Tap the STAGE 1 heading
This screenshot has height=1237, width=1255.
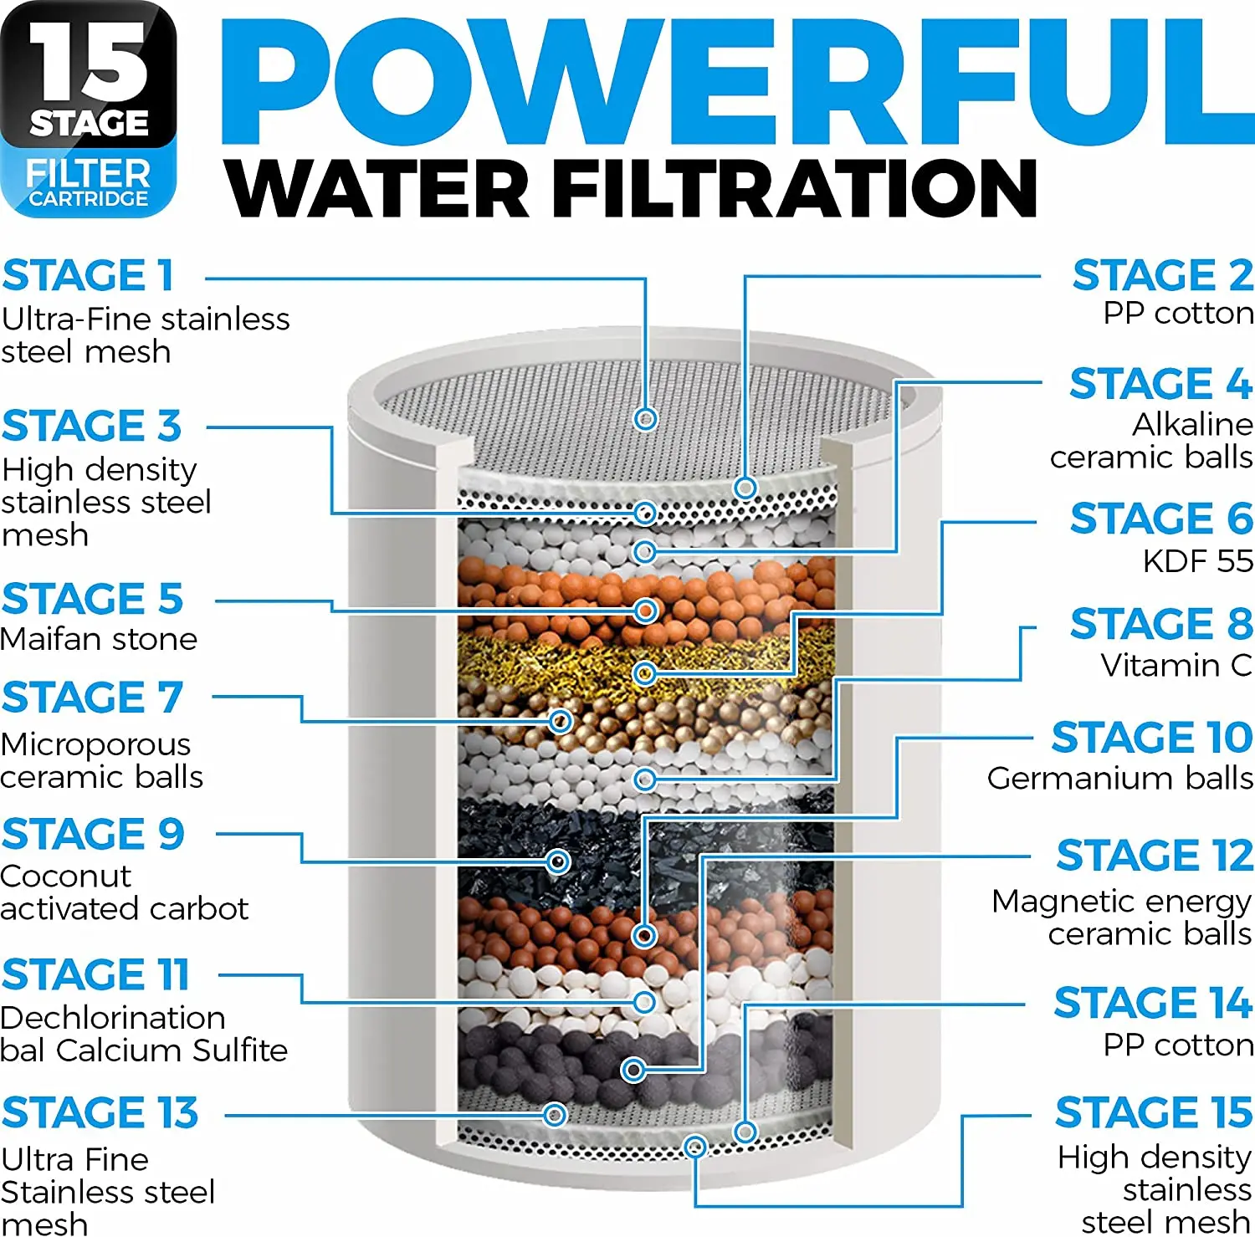pyautogui.click(x=88, y=276)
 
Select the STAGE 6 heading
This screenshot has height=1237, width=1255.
pyautogui.click(x=1161, y=519)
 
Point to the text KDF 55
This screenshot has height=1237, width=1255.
pyautogui.click(x=1197, y=560)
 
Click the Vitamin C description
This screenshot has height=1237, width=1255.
pyautogui.click(x=1176, y=666)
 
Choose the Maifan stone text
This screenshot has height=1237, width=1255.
pyautogui.click(x=99, y=639)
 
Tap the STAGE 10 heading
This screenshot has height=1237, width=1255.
pyautogui.click(x=1151, y=738)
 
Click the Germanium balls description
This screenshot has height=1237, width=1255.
pyautogui.click(x=1119, y=779)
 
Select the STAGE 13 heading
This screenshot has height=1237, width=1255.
pyautogui.click(x=100, y=1112)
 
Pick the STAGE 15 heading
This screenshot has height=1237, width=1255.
pyautogui.click(x=1153, y=1112)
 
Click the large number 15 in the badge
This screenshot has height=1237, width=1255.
pyautogui.click(x=88, y=63)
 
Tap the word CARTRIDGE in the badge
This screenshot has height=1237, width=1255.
pyautogui.click(x=88, y=199)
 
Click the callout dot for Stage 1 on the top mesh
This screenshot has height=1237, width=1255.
pyautogui.click(x=645, y=418)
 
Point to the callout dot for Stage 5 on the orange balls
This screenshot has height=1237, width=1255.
pyautogui.click(x=645, y=611)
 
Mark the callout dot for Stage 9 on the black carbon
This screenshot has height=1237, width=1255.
pyautogui.click(x=558, y=861)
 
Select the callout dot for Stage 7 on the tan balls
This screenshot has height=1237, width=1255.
pyautogui.click(x=561, y=721)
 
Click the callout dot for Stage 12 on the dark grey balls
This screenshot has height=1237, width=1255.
pyautogui.click(x=633, y=1070)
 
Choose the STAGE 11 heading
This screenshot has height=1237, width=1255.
pyautogui.click(x=95, y=975)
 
